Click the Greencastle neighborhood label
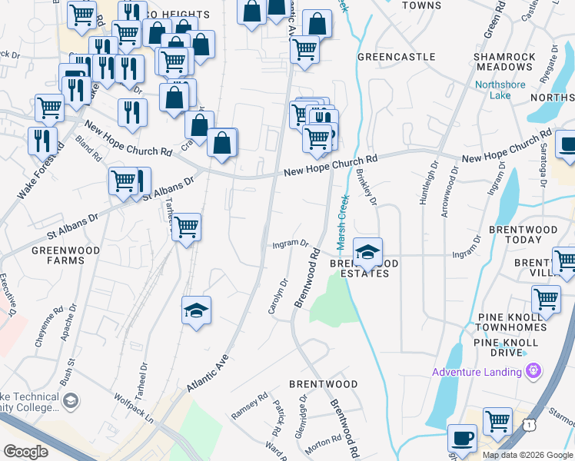click(x=397, y=57)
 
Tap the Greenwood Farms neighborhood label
click(x=58, y=255)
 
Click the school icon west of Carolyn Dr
click(x=196, y=310)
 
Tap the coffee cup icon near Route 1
click(x=461, y=437)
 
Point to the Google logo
click(x=25, y=452)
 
